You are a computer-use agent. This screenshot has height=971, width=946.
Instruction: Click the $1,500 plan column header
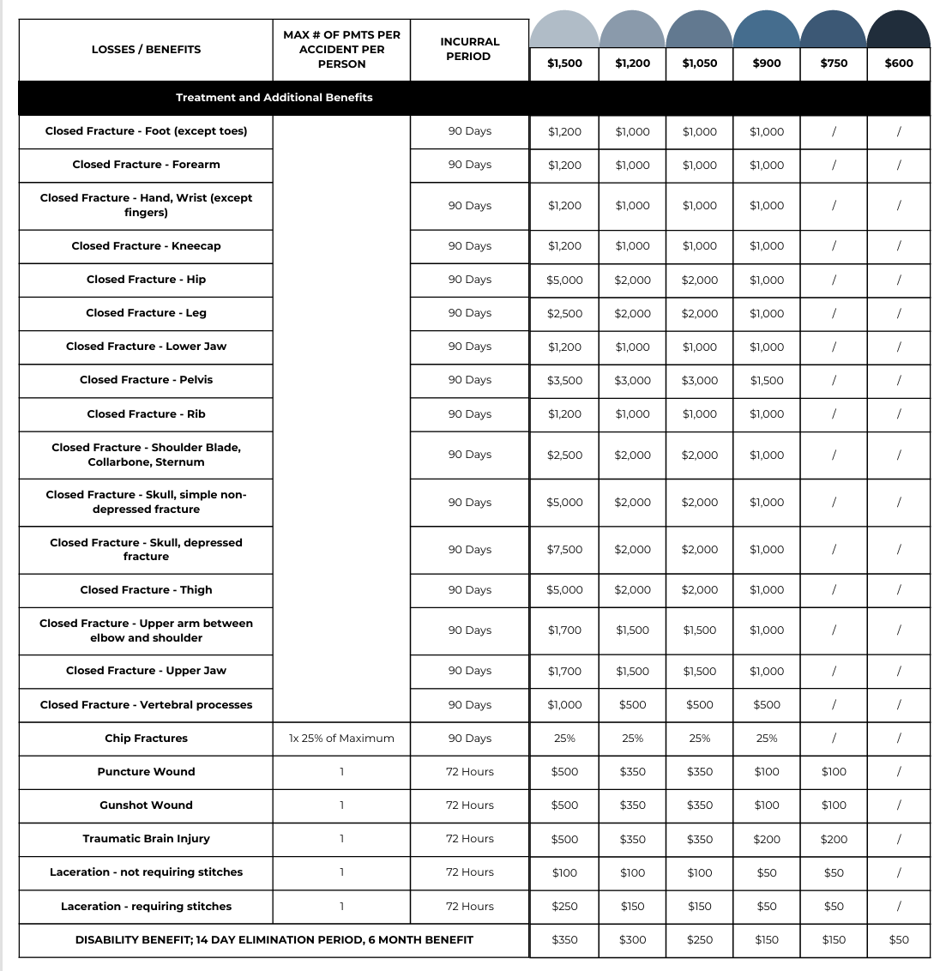[564, 63]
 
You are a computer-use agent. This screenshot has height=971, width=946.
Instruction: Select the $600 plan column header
[898, 63]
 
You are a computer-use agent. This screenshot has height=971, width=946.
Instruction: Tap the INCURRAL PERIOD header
[469, 49]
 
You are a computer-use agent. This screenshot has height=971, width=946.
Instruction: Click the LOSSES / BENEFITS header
[146, 50]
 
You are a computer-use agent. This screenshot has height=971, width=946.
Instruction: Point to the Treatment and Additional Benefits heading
[274, 98]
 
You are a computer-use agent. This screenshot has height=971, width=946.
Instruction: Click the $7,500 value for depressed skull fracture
[564, 550]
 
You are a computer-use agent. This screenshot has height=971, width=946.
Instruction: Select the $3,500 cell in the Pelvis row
[564, 381]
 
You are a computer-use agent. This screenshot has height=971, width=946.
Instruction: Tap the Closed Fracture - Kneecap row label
[146, 246]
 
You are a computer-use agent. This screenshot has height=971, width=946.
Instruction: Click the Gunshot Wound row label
[146, 805]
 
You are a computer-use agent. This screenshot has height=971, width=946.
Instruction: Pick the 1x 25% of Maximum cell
[341, 739]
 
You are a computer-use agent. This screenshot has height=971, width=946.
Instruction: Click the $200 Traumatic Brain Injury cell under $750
[834, 840]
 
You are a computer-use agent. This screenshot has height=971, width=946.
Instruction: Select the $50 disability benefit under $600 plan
[898, 940]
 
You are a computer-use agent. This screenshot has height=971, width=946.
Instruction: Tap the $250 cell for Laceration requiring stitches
[564, 907]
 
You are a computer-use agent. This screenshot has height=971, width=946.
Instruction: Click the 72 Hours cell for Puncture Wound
[469, 772]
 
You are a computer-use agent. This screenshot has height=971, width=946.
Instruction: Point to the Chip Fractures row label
[146, 739]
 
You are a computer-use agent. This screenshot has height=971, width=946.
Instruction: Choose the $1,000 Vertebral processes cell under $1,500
[564, 705]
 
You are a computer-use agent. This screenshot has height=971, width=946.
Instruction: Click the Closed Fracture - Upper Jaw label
[146, 671]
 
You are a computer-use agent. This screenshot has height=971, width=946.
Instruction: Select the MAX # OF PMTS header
[341, 50]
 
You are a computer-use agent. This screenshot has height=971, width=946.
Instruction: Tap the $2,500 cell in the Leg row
[564, 314]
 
